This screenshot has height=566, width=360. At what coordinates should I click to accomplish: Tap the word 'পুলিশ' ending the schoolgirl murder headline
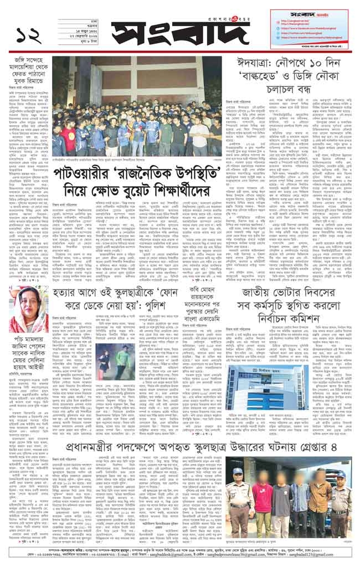click(161, 307)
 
